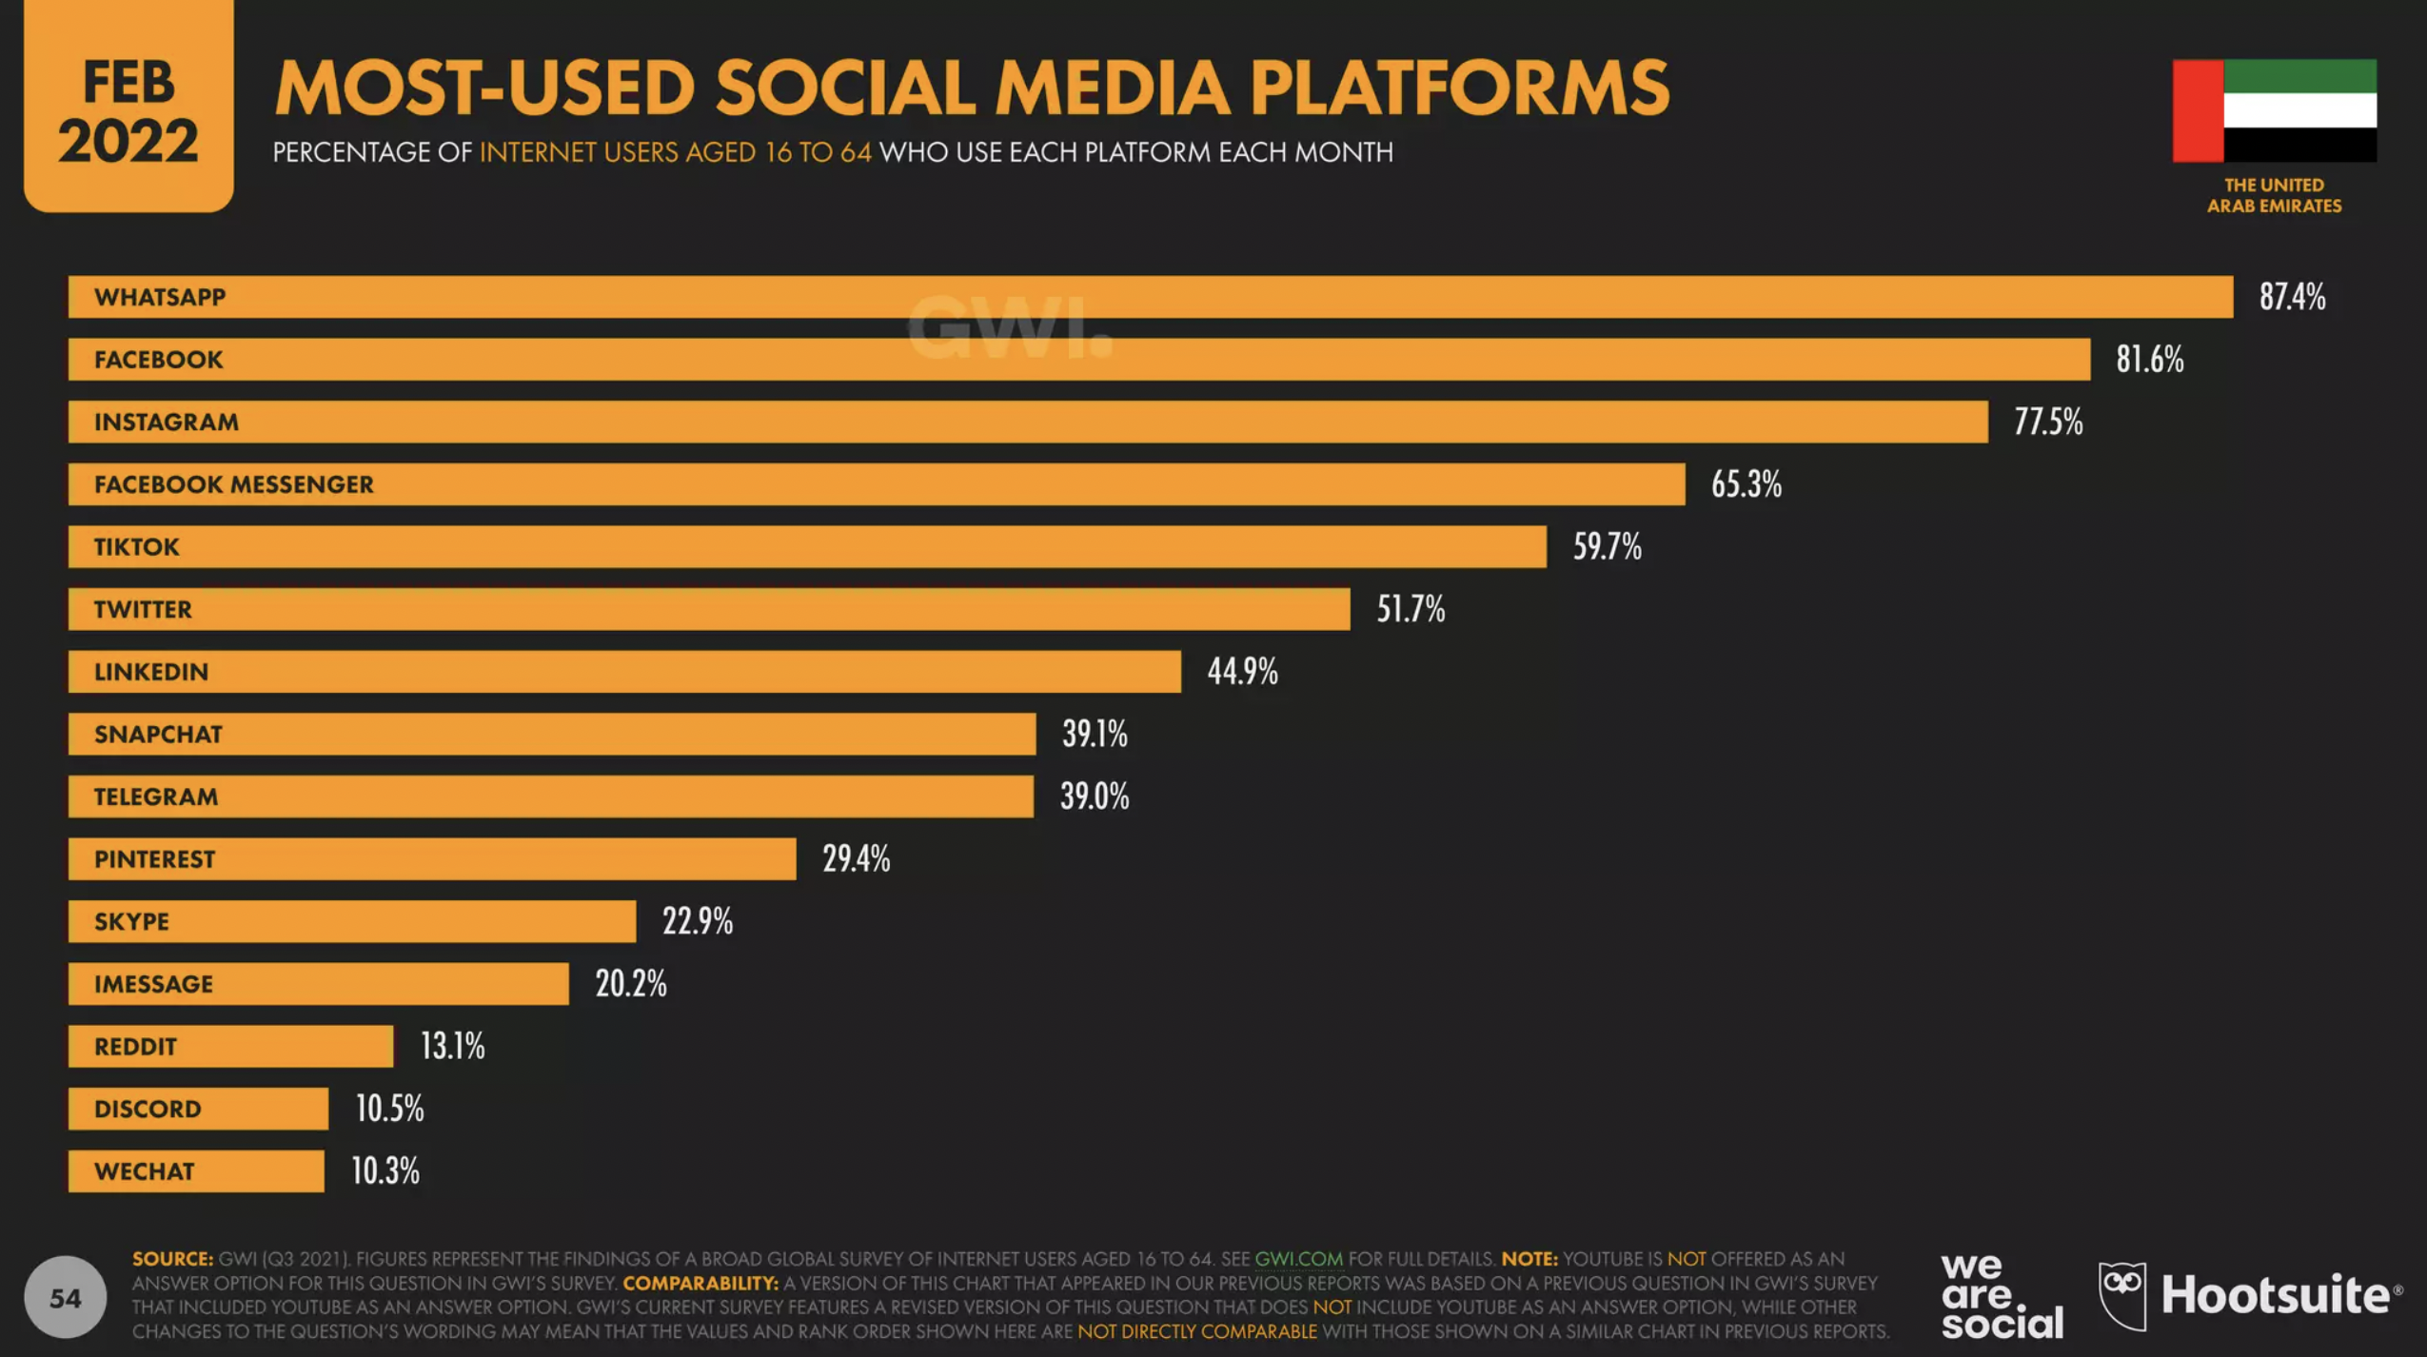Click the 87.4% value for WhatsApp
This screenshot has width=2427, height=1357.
pos(2292,297)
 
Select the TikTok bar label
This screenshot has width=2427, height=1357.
pos(136,547)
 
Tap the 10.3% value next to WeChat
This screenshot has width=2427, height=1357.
pos(385,1170)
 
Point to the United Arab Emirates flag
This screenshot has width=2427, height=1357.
pos(2274,110)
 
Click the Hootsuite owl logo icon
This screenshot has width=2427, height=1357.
pos(2121,1294)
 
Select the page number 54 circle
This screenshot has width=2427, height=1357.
pos(65,1297)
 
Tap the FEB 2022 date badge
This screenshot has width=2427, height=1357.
pos(128,109)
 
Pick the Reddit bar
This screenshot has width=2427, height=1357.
pos(230,1046)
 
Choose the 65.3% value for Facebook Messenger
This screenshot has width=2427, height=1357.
pos(1746,484)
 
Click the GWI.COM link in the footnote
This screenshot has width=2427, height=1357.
pos(1298,1259)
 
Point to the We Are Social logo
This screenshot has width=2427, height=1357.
pos(2002,1296)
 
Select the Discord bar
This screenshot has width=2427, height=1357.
pos(198,1109)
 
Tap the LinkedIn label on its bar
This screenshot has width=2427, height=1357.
pos(150,672)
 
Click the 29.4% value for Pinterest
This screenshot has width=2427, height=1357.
pos(856,858)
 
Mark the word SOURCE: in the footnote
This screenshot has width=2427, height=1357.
pos(172,1259)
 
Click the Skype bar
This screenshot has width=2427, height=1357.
pos(351,921)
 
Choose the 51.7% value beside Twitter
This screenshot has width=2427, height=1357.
pos(1411,609)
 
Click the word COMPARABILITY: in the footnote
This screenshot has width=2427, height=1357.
pos(700,1283)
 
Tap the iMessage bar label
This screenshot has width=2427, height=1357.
pos(153,984)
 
